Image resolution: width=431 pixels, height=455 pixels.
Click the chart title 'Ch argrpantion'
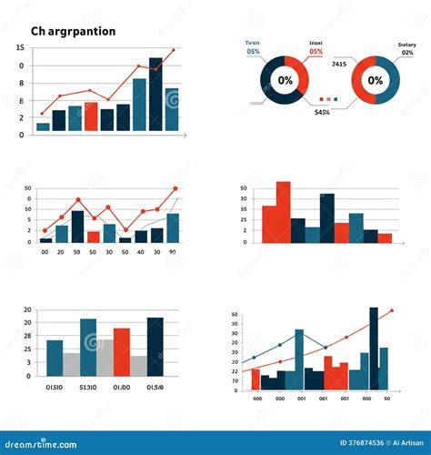point(73,31)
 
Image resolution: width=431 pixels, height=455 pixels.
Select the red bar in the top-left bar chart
point(91,116)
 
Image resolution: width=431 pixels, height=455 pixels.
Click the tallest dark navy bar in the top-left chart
point(155,96)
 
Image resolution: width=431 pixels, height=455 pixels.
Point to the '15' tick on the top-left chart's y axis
point(20,47)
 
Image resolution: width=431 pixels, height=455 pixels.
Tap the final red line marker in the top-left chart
point(173,50)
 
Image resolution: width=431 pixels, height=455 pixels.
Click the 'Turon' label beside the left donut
point(253,43)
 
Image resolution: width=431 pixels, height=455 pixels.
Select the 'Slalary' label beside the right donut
point(406,45)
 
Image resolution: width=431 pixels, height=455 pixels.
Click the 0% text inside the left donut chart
point(286,80)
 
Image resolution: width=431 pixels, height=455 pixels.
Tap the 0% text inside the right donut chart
point(375,80)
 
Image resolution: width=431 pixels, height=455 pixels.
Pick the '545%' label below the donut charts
point(322,112)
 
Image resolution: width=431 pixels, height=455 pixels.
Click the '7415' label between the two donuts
point(338,64)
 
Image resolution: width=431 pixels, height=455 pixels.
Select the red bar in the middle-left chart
point(93,237)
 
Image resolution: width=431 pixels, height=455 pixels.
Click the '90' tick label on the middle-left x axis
point(172,251)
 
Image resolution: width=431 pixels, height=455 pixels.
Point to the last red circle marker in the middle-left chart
point(175,188)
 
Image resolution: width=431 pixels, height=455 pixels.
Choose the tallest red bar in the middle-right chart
point(283,211)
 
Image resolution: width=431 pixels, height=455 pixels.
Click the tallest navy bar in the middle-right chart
point(327,217)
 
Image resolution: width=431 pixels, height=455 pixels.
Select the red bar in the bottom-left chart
point(121,351)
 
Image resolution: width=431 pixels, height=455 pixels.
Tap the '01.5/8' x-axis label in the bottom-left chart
point(155,386)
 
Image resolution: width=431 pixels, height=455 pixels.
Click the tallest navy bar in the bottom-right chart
point(374,349)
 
